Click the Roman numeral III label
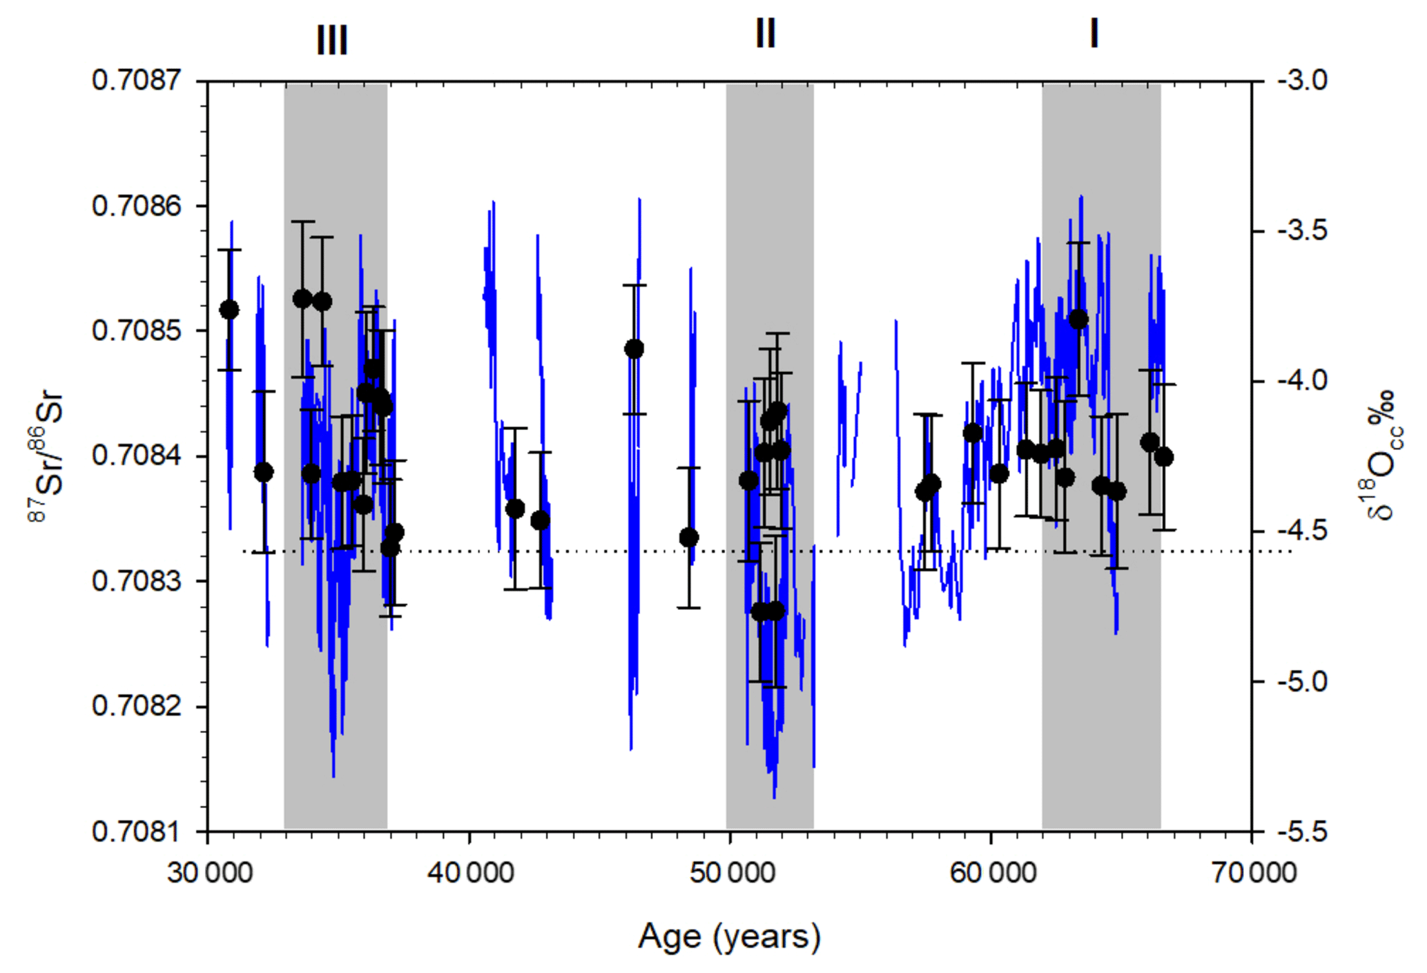(332, 40)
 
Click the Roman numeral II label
(766, 33)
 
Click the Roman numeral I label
(1094, 33)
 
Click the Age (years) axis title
(729, 937)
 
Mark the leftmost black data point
(229, 310)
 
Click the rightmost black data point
(1164, 457)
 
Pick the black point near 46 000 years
(634, 349)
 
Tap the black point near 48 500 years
(688, 538)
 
